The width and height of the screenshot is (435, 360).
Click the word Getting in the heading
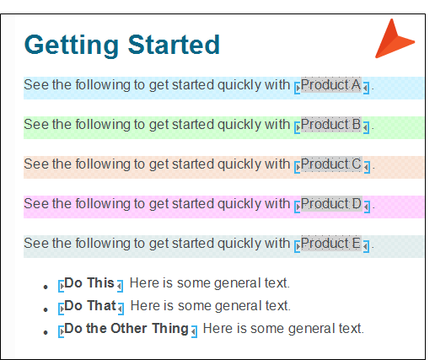(72, 45)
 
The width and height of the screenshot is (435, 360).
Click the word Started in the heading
(174, 45)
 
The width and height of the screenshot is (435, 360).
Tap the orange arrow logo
(395, 39)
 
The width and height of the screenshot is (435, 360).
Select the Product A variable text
(331, 84)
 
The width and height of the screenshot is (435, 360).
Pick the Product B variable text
(331, 124)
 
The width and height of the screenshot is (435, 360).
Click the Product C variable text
(331, 164)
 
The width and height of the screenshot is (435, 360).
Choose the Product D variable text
(331, 203)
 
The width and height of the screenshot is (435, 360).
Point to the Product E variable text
(331, 243)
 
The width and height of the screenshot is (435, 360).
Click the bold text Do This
(89, 282)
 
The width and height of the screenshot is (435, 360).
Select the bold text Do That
(90, 305)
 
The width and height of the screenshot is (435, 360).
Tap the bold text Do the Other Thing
(126, 329)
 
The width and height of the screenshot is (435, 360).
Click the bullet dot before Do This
(46, 287)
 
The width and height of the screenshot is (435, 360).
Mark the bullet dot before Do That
(46, 309)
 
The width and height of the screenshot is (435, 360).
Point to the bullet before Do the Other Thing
(46, 332)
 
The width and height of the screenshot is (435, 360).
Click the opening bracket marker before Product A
(297, 88)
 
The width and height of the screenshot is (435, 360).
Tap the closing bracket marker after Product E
(366, 246)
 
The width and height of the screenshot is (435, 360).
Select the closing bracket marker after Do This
(120, 286)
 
